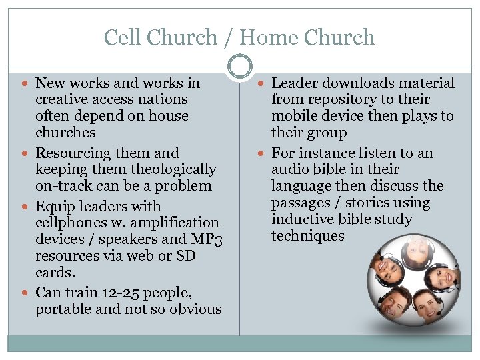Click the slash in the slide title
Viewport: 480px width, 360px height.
[x=228, y=38]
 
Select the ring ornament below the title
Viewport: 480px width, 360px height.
[x=240, y=66]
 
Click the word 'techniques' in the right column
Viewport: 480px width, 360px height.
[x=307, y=236]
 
